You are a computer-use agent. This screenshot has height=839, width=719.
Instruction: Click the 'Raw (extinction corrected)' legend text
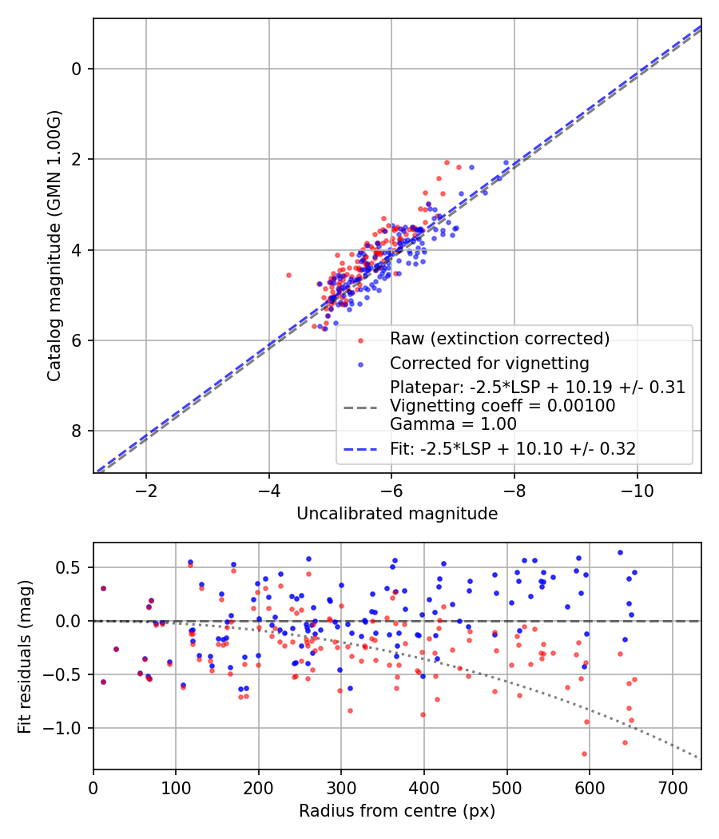tap(499, 338)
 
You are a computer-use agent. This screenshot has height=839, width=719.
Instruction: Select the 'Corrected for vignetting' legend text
tap(489, 364)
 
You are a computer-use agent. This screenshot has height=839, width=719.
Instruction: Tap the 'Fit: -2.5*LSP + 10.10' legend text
tap(513, 449)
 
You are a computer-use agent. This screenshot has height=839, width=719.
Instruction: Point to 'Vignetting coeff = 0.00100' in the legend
tap(503, 406)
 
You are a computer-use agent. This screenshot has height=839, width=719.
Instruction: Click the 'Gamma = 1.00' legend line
tap(453, 423)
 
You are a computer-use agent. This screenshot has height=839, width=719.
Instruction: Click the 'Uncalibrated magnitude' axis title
tap(397, 513)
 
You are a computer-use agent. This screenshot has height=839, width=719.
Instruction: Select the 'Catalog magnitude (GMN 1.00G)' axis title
tap(54, 246)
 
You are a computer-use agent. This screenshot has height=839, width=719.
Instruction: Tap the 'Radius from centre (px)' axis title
tap(397, 811)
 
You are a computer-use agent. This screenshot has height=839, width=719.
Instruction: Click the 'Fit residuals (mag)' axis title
tap(25, 656)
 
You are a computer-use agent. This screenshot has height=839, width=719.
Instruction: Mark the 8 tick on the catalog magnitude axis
tap(77, 431)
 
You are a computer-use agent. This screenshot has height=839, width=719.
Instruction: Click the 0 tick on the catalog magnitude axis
tap(77, 69)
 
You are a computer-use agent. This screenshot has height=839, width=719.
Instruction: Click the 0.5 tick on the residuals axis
tap(72, 567)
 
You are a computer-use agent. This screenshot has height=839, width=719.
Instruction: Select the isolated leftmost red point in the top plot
tap(288, 275)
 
